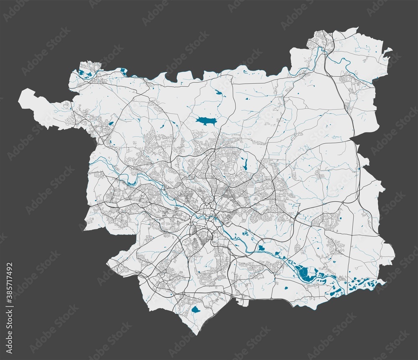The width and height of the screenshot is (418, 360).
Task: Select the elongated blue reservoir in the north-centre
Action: tap(204, 121)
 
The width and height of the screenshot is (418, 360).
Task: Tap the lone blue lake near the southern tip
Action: tap(195, 310)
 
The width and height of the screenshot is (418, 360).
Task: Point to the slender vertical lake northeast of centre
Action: tap(245, 164)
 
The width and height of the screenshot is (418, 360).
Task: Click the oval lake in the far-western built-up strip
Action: tap(110, 123)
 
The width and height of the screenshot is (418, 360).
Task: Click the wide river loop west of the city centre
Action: tap(138, 177)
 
